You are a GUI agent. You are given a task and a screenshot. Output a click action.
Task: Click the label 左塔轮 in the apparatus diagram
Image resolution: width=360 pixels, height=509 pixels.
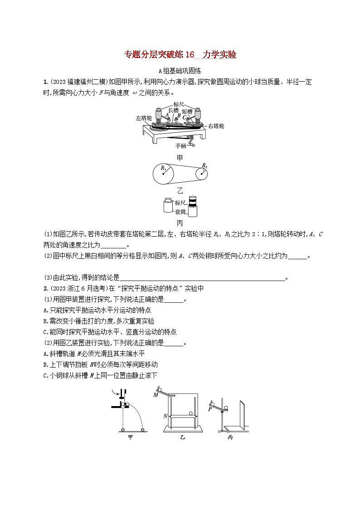[143, 118]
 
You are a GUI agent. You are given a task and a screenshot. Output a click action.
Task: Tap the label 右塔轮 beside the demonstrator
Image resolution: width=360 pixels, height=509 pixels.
[216, 126]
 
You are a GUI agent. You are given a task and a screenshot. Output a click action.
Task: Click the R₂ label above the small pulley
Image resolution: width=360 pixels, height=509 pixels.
[204, 165]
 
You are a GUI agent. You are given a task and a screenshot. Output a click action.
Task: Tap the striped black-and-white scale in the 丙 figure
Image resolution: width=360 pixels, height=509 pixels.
[193, 201]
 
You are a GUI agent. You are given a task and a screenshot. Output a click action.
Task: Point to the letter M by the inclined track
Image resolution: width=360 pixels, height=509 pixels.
[156, 395]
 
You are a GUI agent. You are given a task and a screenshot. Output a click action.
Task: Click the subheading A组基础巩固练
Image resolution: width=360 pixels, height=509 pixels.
[180, 71]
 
